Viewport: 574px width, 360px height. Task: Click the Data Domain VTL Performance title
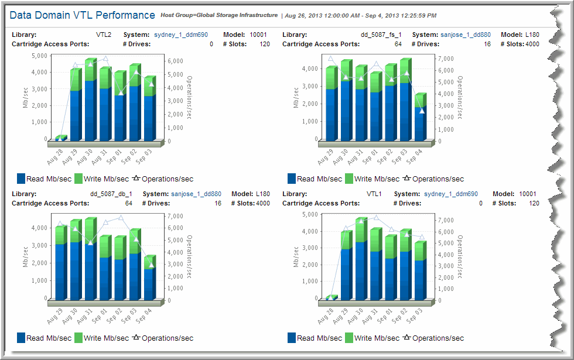[83, 15]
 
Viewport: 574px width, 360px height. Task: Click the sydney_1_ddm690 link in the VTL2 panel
[181, 35]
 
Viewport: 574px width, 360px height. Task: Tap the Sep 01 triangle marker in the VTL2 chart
[120, 93]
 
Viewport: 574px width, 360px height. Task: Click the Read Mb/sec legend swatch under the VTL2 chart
[22, 179]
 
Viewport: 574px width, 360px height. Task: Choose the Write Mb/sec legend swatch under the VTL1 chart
[349, 338]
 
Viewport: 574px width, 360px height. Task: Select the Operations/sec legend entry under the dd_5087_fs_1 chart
[433, 179]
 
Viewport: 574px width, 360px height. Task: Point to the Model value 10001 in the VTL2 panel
[258, 35]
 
